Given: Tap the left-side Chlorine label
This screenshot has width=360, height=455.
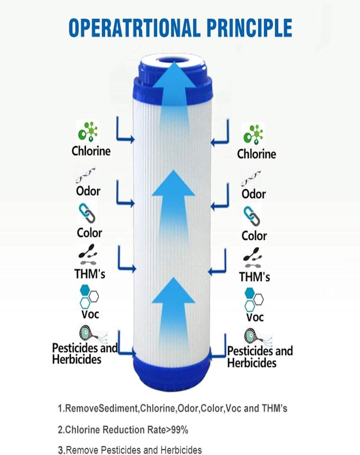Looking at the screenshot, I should coord(91,151).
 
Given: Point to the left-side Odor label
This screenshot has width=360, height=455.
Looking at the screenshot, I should coord(88,191).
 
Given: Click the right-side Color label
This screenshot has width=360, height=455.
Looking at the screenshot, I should coord(254,236).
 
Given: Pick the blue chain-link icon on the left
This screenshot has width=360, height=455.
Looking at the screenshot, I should coord(87,212).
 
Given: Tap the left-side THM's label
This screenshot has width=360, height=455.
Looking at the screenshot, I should coord(90,274).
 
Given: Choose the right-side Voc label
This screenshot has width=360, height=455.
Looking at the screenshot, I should coord(254,317).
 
